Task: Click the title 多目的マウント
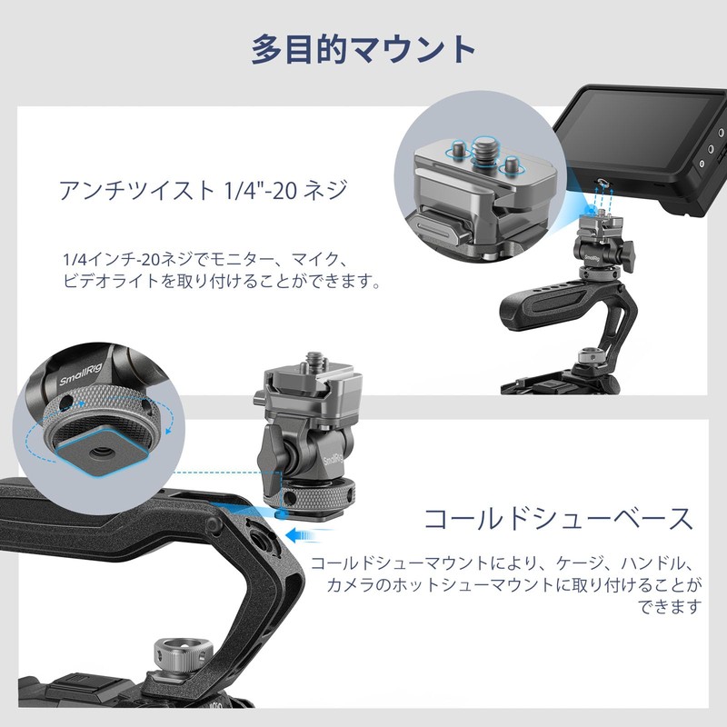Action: click(363, 48)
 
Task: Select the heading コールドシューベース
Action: click(559, 519)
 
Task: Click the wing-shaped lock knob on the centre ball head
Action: click(270, 446)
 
